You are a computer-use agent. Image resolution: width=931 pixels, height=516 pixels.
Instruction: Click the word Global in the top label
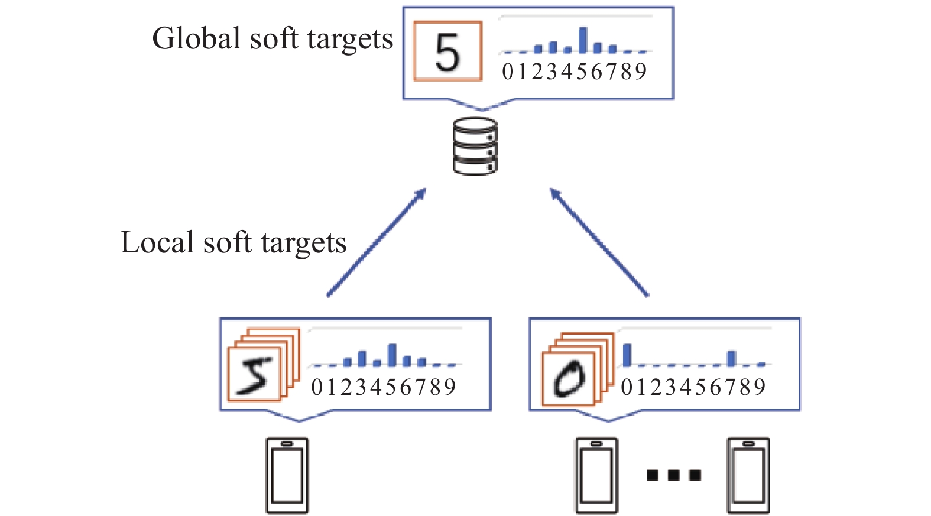point(196,39)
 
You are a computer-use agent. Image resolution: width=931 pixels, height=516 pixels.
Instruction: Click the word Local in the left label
point(157,242)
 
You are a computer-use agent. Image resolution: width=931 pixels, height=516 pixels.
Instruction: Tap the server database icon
point(475,147)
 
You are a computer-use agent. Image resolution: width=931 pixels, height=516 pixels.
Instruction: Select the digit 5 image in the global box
point(447,51)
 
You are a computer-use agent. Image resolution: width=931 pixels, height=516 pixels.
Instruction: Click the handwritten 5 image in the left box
point(254,375)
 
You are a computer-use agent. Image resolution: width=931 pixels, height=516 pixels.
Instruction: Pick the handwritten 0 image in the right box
point(568,379)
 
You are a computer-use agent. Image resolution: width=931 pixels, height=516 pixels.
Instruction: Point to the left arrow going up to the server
point(377,242)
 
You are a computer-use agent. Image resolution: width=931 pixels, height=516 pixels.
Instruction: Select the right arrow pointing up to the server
point(599,242)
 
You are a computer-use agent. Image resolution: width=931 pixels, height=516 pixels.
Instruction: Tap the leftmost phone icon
point(287,475)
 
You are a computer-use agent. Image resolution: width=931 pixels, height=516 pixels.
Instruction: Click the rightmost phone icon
point(748,475)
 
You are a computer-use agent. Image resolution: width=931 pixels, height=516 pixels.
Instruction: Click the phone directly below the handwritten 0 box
point(596,475)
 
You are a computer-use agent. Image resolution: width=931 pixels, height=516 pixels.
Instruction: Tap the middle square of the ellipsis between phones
point(673,475)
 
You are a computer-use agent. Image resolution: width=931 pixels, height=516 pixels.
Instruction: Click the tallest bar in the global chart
point(583,40)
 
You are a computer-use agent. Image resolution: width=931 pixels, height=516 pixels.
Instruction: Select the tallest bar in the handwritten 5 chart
point(392,355)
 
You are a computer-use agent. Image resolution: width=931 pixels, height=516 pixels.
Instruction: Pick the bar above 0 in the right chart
point(627,355)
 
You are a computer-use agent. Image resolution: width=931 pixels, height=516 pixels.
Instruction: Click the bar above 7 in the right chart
point(732,358)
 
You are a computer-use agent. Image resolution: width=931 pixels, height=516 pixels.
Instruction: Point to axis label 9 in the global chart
point(641,72)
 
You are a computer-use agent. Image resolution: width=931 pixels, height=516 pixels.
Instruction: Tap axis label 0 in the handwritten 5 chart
point(317,388)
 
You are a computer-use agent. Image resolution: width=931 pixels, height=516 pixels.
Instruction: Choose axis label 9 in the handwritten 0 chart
point(760,388)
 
